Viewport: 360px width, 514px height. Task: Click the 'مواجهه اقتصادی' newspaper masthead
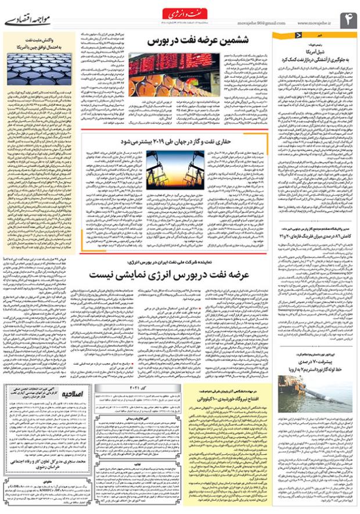pos(29,20)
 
